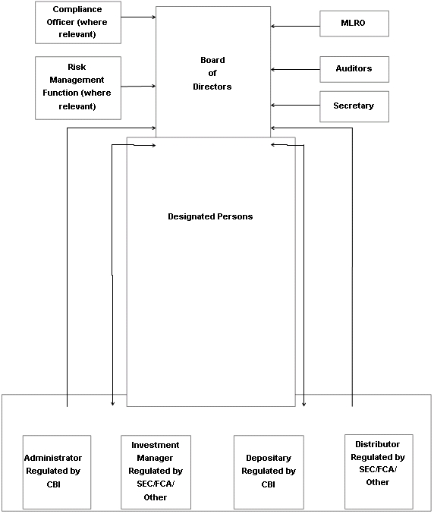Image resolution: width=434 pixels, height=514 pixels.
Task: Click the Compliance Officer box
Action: tap(78, 22)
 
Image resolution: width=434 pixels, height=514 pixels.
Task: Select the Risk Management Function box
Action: tap(78, 88)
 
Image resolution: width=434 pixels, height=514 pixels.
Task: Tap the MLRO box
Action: tap(354, 24)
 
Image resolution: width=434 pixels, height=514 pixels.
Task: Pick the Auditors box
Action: tap(354, 69)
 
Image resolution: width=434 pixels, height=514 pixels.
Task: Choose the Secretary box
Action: tap(354, 106)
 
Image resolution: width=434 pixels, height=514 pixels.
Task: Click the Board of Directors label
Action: tap(212, 74)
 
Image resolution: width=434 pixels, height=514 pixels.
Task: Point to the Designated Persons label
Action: tap(210, 216)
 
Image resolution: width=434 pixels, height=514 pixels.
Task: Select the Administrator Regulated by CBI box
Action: tap(57, 472)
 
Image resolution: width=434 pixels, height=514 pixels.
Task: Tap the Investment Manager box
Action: tap(156, 472)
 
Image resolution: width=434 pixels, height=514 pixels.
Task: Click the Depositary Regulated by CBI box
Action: tap(269, 472)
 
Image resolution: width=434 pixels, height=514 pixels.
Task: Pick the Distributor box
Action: tap(379, 471)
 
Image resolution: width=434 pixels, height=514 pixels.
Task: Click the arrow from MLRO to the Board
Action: tap(295, 26)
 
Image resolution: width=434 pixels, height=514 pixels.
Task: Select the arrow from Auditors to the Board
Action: tap(295, 70)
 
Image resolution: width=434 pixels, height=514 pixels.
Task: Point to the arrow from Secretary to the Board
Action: tap(295, 106)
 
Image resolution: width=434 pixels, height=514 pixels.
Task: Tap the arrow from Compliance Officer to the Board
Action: tap(139, 17)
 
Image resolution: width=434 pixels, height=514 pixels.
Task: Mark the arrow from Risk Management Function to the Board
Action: tap(139, 87)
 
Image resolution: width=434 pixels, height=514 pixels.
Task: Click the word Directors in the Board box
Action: tap(212, 87)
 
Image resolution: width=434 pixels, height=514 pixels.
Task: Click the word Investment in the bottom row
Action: tap(156, 445)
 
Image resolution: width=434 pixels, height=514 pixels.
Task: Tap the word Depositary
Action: tap(269, 458)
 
